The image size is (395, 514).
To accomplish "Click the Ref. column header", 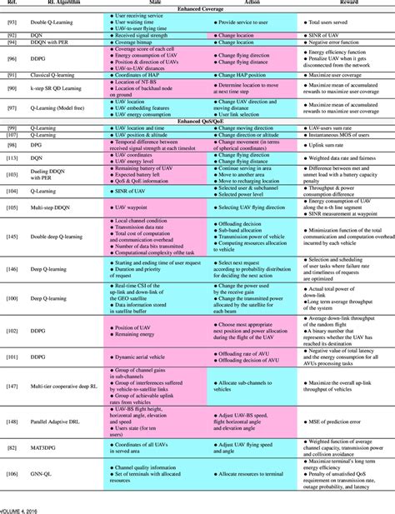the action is click(x=14, y=3).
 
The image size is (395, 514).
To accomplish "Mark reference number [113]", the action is click(x=14, y=157).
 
